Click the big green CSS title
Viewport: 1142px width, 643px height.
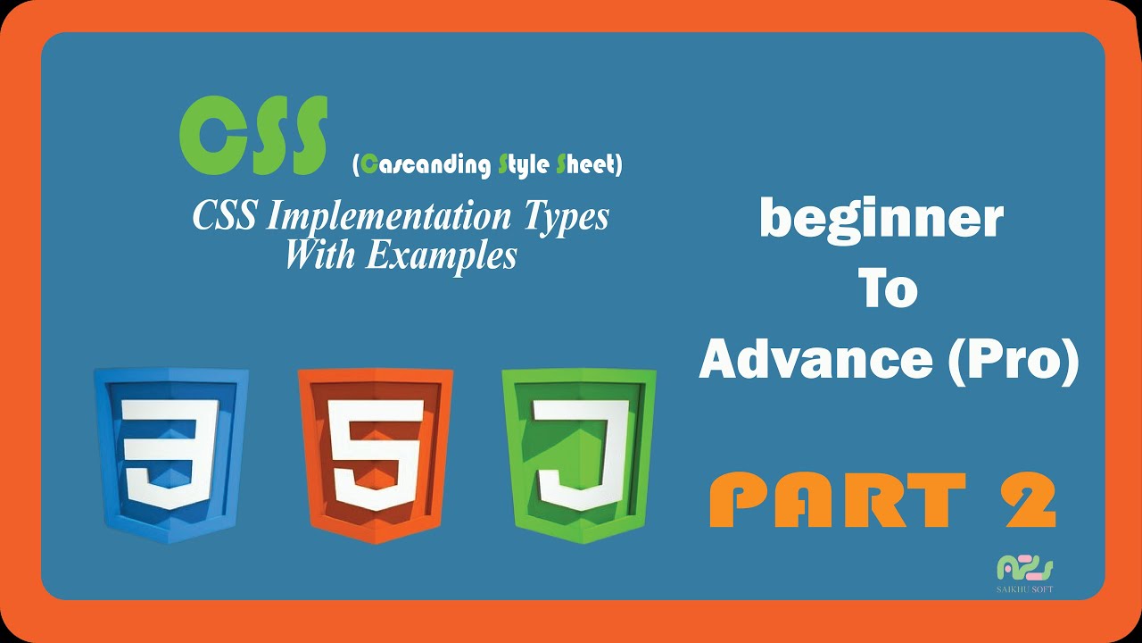(x=252, y=136)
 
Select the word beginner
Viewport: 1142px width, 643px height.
(x=881, y=221)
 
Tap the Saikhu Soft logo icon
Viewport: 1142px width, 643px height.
(x=1025, y=568)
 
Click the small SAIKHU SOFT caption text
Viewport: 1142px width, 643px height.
(x=1025, y=589)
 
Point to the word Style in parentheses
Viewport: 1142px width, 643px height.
(x=523, y=165)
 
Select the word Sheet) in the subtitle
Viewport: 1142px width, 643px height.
(x=589, y=165)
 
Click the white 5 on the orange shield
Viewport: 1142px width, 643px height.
(x=375, y=451)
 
